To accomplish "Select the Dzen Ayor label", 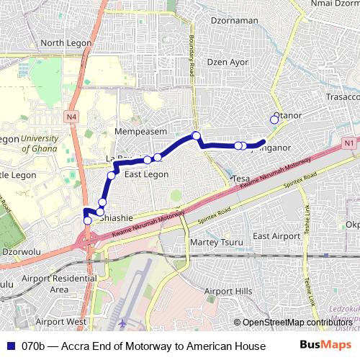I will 228,62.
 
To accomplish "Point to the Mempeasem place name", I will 141,132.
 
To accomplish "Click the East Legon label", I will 146,174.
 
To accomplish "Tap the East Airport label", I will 276,236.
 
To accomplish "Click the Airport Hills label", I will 228,291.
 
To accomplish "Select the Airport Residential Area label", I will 59,284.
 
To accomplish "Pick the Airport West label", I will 60,321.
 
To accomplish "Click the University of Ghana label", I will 45,144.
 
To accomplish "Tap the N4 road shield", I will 72,116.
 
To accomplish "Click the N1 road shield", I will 350,143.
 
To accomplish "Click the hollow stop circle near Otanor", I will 274,120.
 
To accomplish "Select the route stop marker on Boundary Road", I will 196,135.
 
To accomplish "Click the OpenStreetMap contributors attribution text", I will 295,322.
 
